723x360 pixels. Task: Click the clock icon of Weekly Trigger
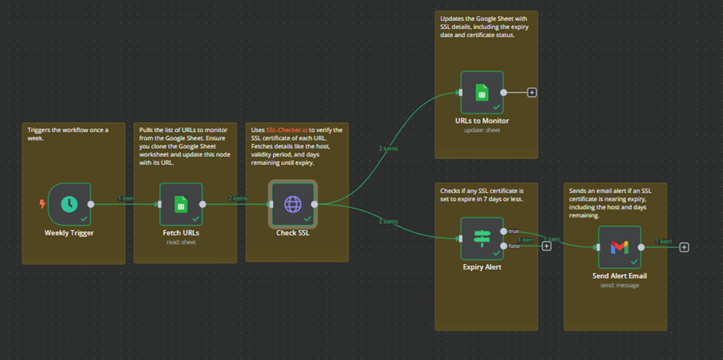coord(69,204)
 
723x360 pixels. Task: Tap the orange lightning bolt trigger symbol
coord(42,204)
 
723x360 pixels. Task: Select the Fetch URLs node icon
coord(181,204)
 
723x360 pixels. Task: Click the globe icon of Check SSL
coord(293,204)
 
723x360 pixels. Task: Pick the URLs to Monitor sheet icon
coord(482,93)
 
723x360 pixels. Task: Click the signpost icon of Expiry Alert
coord(482,238)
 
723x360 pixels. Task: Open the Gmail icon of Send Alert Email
coord(619,247)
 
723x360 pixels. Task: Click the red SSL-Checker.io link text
coord(286,130)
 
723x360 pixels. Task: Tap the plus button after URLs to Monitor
coord(532,93)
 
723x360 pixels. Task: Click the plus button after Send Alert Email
coord(684,247)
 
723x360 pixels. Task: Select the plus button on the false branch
coord(547,246)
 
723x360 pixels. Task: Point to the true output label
coord(513,231)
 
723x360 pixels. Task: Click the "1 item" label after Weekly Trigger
coord(126,199)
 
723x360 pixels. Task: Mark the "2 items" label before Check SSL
coord(238,199)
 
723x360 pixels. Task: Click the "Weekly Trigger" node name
coord(69,233)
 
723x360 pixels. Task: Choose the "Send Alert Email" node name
coord(619,276)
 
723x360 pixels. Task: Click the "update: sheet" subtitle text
coord(482,130)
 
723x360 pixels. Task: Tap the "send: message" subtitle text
coord(619,285)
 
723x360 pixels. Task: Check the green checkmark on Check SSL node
coord(308,219)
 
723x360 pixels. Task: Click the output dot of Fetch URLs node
coord(203,204)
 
